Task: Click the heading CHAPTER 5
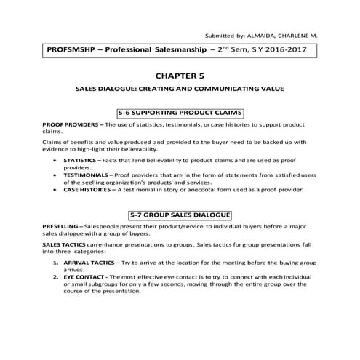[180, 74]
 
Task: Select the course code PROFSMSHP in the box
[72, 51]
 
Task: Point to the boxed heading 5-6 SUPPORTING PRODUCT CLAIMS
[180, 113]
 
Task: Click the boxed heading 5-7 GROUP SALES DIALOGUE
[180, 215]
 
